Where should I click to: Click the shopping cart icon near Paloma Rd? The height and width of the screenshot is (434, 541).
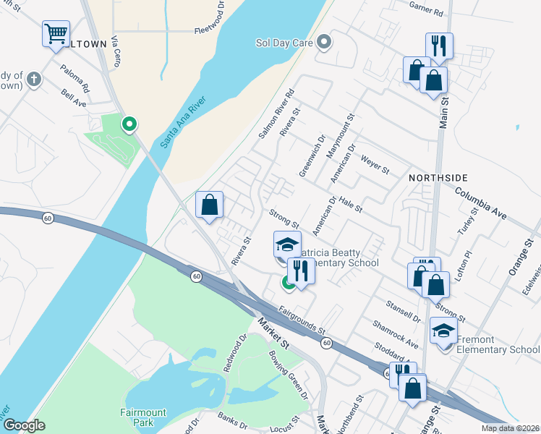(x=56, y=34)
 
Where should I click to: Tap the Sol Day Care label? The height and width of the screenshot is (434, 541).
(x=284, y=43)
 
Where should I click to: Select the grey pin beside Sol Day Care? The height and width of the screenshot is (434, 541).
(x=325, y=43)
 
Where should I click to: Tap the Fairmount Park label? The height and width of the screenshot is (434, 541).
(x=143, y=417)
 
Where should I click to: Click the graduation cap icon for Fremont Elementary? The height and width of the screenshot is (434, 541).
(x=443, y=331)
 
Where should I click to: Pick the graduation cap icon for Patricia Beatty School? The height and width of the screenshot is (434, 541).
(x=287, y=244)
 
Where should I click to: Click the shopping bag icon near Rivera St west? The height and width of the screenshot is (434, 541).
(x=209, y=205)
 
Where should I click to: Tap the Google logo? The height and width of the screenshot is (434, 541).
(x=25, y=426)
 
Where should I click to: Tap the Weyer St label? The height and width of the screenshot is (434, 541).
(x=375, y=166)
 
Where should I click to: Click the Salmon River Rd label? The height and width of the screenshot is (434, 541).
(x=277, y=114)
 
